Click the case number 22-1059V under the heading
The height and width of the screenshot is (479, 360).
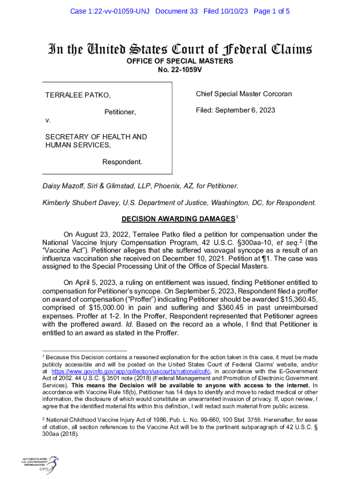(180, 70)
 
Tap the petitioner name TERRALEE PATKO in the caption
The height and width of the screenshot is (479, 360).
(78, 96)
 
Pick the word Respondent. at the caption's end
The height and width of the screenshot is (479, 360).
(122, 162)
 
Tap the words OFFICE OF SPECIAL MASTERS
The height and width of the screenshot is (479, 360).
(180, 61)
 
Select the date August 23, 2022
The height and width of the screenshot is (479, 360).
(99, 234)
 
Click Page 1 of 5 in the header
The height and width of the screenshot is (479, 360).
(272, 11)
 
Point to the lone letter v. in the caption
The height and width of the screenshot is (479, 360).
(48, 121)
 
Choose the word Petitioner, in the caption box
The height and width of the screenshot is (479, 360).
(120, 112)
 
